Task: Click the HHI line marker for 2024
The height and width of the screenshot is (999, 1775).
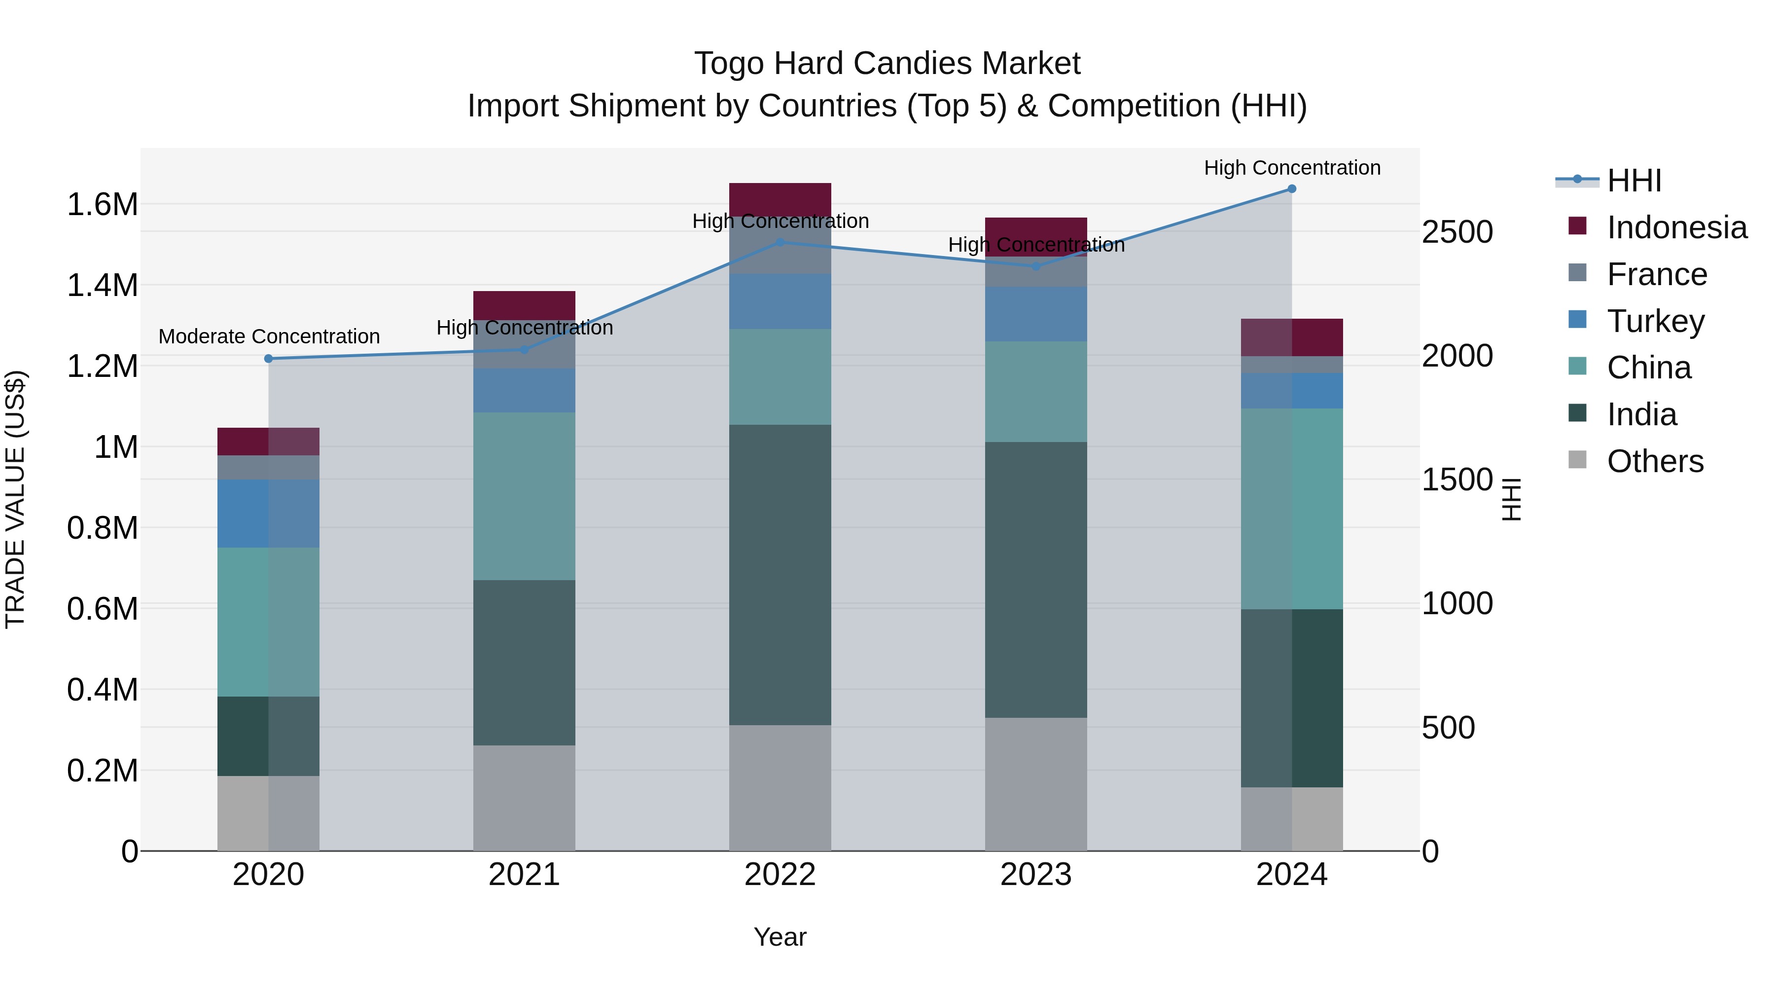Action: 1291,189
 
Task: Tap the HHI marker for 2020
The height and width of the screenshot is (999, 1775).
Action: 269,359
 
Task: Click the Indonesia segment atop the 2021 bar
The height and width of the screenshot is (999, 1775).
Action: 525,305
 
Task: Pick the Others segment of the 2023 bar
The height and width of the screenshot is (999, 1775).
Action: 1035,784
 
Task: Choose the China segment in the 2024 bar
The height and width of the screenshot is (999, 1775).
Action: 1291,508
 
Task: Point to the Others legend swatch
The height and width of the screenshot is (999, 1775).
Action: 1577,460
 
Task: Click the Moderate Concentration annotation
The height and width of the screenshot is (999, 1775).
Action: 269,336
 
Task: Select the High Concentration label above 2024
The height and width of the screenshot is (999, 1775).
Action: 1292,168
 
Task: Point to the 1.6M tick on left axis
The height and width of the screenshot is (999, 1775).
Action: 102,205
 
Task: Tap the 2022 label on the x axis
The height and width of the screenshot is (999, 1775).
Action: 780,875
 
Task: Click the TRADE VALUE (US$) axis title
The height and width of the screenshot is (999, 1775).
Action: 16,499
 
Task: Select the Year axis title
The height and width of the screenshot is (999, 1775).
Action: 780,937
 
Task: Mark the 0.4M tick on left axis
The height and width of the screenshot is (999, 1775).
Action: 102,690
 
